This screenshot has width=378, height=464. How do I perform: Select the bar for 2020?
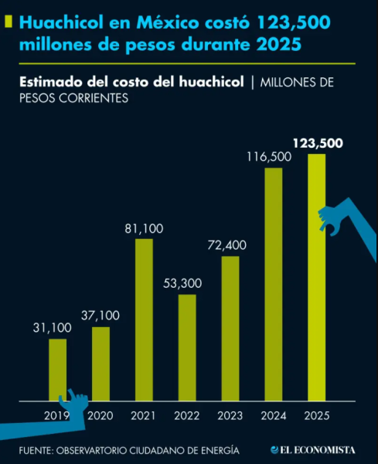(x=100, y=363)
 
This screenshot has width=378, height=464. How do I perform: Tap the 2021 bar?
(x=144, y=320)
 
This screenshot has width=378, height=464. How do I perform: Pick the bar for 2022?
(x=187, y=347)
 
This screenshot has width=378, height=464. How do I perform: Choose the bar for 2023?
(x=230, y=329)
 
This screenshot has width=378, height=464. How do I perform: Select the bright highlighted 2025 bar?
(x=317, y=278)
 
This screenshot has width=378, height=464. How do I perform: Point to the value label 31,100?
(x=52, y=328)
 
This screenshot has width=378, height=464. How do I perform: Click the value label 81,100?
(x=144, y=228)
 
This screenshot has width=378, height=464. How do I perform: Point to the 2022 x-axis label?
(x=187, y=416)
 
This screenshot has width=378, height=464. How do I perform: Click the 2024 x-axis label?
(x=274, y=416)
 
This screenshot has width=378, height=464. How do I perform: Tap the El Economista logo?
(x=312, y=449)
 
